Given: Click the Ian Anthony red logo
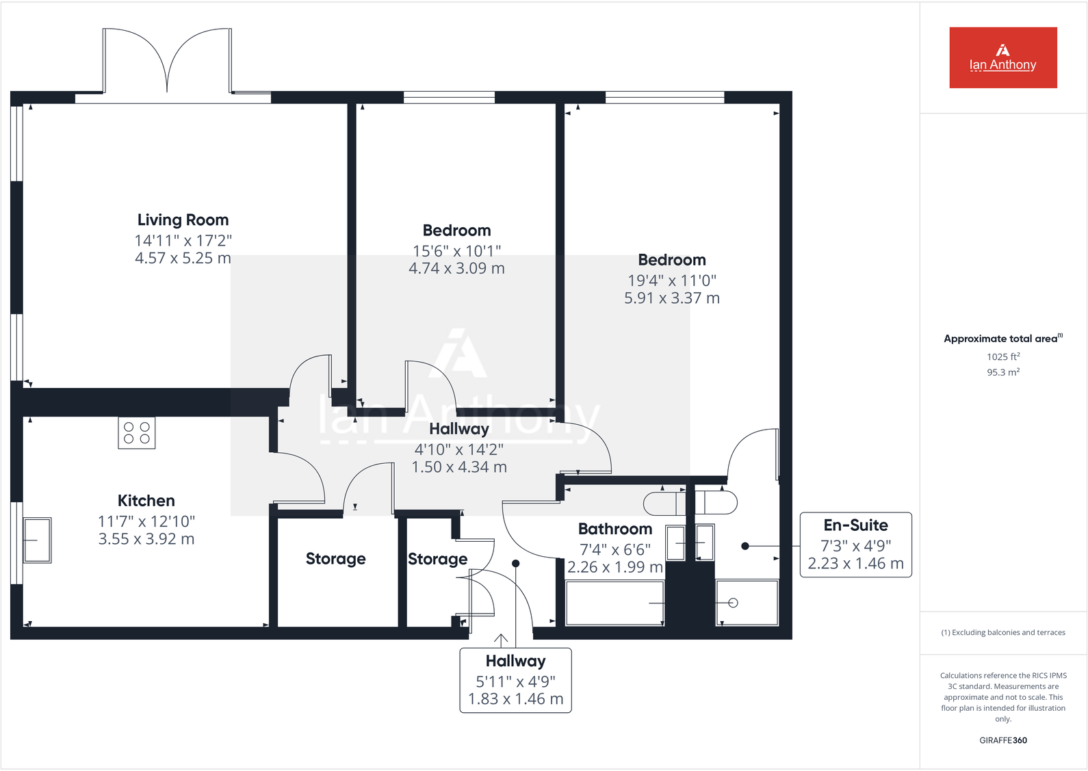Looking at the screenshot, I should (x=1002, y=57).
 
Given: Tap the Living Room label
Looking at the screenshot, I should (x=183, y=220).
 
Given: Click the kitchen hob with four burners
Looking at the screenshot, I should (x=137, y=433).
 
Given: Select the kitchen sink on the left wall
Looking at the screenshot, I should (x=37, y=540).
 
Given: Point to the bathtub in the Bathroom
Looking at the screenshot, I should (x=614, y=603).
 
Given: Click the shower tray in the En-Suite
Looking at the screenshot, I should (x=747, y=603).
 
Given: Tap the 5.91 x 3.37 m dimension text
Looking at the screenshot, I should (x=671, y=298).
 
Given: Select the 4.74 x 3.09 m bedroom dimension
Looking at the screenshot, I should (x=456, y=269).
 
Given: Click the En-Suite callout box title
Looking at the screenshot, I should (x=855, y=525).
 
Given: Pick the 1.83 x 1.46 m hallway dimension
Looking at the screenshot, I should (x=515, y=699).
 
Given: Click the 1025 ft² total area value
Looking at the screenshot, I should (x=1002, y=356).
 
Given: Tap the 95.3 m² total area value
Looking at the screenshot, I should (x=1002, y=372).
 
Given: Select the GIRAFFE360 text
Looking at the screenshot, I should (x=1002, y=740).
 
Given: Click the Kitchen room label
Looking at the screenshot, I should (x=146, y=501).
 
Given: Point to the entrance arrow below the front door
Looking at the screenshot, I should (x=501, y=640).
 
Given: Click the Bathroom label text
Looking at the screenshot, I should (x=614, y=529).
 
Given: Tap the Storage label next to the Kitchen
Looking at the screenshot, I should (x=335, y=559).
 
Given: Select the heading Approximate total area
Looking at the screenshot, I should (x=1001, y=339).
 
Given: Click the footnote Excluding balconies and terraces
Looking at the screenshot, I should (x=1002, y=633).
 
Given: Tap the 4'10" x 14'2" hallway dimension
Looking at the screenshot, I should (x=458, y=449).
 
